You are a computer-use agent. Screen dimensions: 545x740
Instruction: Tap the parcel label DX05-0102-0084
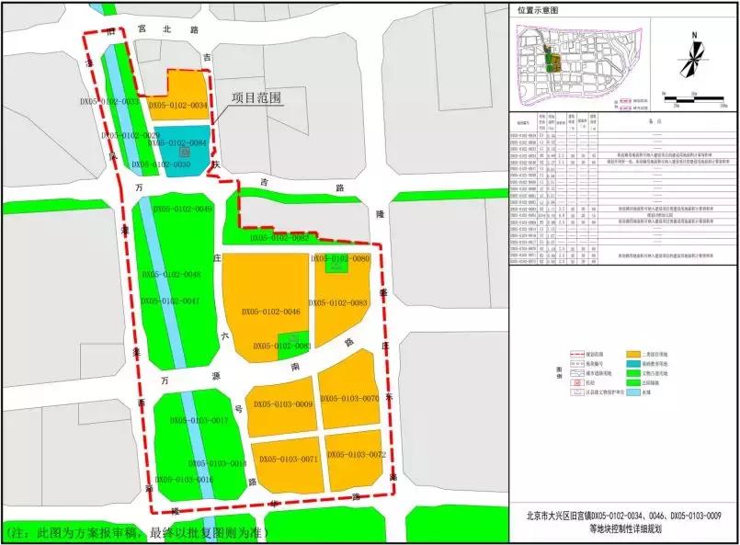click(x=177, y=143)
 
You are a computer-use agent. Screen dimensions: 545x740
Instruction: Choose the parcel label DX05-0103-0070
click(x=349, y=399)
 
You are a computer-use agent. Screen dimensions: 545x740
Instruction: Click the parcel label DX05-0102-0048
click(x=172, y=275)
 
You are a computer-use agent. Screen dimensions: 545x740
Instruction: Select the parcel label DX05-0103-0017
click(x=199, y=420)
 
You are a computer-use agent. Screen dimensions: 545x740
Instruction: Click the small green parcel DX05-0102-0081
click(x=293, y=341)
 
